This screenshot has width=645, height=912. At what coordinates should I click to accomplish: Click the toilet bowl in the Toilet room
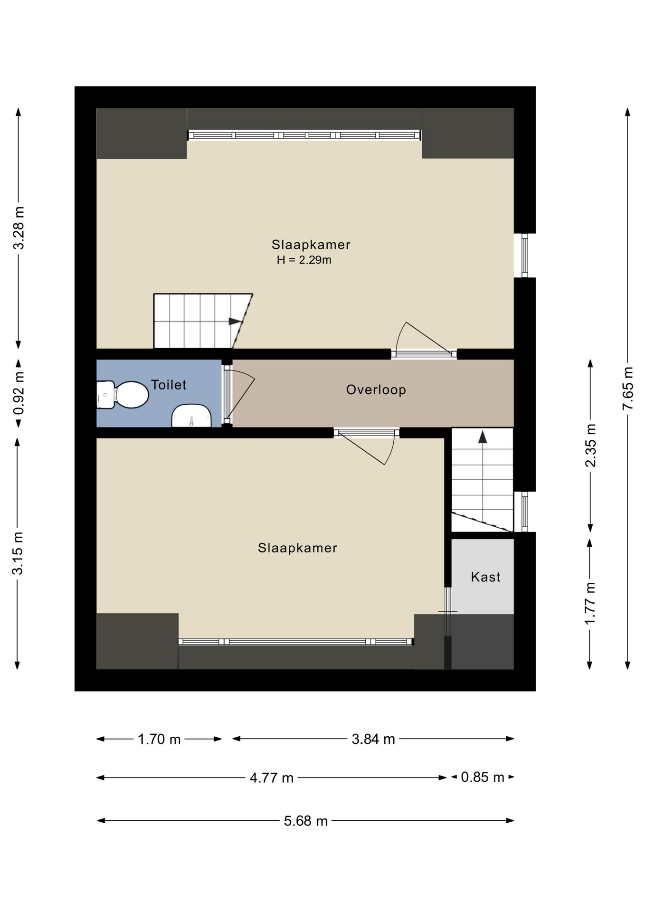[123, 395]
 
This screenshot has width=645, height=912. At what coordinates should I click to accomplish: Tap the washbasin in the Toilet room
[191, 416]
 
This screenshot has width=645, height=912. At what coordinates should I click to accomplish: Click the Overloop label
[376, 390]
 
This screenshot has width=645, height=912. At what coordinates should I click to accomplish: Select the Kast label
[485, 577]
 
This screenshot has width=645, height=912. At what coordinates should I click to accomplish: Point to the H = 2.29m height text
[304, 260]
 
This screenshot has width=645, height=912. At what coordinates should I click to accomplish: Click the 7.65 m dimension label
[628, 388]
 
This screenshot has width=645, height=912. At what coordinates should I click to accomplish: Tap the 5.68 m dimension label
[306, 821]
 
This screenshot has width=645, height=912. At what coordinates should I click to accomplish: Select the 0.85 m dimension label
[483, 777]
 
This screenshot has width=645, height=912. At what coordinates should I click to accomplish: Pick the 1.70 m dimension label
[159, 739]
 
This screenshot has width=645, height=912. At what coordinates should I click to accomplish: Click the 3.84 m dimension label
[373, 739]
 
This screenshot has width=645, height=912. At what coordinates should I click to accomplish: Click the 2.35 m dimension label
[590, 446]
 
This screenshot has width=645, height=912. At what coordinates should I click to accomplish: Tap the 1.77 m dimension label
[590, 604]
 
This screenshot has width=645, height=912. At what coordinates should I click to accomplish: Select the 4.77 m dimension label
[272, 778]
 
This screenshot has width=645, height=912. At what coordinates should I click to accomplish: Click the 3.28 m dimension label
[19, 228]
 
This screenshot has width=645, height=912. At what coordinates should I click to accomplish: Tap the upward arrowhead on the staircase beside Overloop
[483, 437]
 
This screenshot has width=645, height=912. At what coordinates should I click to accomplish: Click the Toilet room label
[169, 385]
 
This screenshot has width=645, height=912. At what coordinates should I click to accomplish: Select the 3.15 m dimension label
[18, 553]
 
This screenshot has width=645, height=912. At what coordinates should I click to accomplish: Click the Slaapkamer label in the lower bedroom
[297, 548]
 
